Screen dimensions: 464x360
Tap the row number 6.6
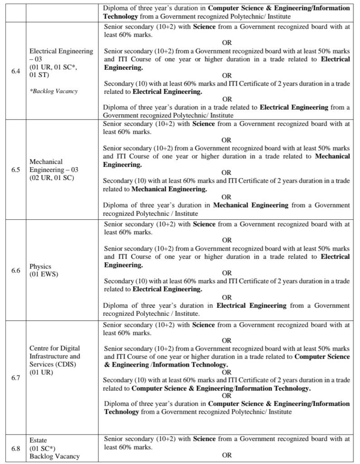(x=15, y=271)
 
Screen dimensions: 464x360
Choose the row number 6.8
(x=15, y=448)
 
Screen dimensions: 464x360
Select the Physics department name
(x=41, y=266)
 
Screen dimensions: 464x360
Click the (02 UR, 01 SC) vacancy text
(x=52, y=178)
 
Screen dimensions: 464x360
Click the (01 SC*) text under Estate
(x=43, y=448)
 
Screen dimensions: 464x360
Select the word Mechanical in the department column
(x=46, y=161)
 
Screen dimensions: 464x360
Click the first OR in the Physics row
(x=227, y=240)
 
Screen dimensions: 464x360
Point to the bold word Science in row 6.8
(x=204, y=439)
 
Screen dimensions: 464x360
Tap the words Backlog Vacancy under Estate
(x=54, y=456)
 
